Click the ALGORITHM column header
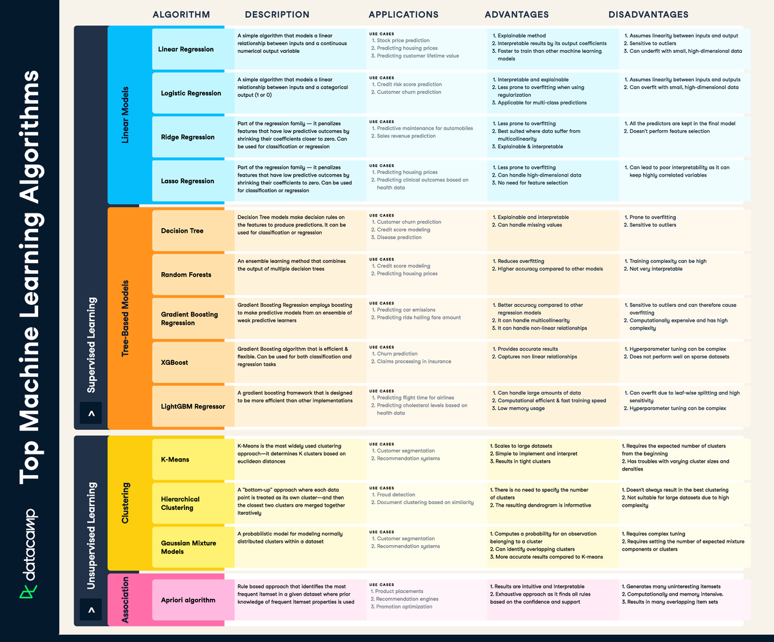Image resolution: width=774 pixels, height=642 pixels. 181,15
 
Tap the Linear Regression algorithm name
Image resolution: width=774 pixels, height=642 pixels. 186,49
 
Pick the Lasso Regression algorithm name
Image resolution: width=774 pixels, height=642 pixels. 187,181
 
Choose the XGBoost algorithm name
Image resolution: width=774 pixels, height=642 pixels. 174,362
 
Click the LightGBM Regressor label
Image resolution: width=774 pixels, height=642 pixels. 193,406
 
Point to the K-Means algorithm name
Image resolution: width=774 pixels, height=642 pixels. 175,460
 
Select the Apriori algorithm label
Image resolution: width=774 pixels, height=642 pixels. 188,600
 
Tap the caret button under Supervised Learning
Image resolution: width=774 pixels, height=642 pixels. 91,412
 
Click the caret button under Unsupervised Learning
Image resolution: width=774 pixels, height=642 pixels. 91,609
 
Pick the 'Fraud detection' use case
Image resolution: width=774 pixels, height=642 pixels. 397,494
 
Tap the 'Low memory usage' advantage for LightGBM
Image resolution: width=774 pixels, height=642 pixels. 521,408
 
